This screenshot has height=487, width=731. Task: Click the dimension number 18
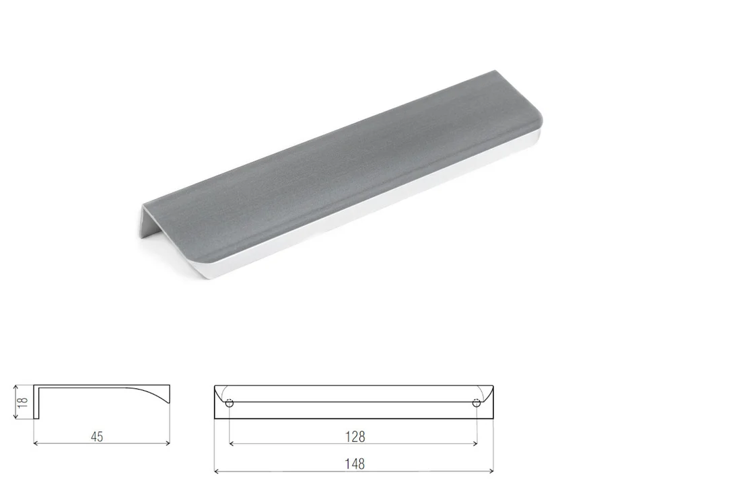(23, 402)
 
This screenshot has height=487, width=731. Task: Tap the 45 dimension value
(97, 437)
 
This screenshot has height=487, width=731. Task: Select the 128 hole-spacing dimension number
(355, 437)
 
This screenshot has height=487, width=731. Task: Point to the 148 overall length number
(354, 464)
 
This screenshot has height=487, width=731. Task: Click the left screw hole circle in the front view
(230, 403)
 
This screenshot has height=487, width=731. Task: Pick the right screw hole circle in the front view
(476, 403)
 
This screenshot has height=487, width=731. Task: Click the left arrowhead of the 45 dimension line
(36, 443)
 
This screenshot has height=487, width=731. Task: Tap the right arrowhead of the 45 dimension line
(168, 443)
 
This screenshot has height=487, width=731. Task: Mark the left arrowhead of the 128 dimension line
(232, 444)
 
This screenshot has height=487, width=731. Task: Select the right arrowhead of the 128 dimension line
(475, 444)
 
